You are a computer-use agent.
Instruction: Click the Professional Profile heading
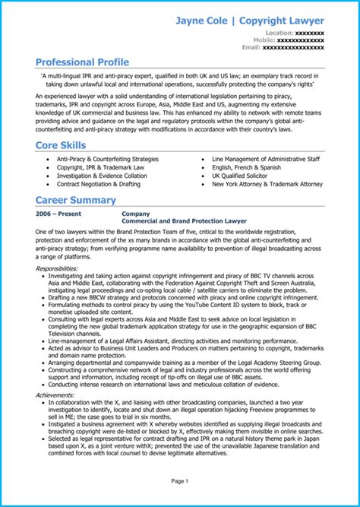[82, 62]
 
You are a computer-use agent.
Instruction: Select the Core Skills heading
[64, 144]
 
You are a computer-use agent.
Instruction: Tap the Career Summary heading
[76, 201]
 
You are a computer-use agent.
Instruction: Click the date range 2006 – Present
[59, 214]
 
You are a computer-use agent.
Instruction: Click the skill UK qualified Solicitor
[242, 175]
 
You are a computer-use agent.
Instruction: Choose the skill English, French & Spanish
[245, 166]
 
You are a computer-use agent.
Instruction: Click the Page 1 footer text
[179, 481]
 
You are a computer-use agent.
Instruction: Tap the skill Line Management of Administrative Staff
[266, 159]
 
